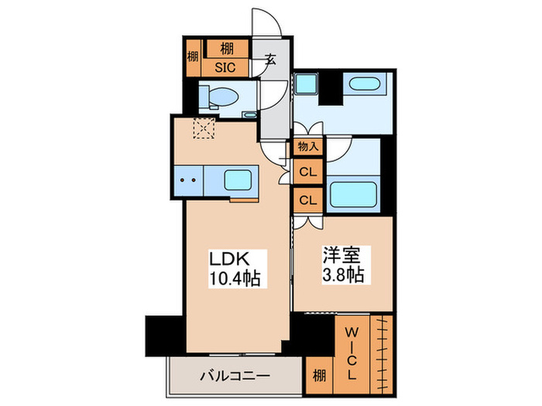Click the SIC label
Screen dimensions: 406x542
point(225,67)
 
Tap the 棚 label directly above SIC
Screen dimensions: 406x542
point(225,49)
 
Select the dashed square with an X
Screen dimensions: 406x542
point(204,128)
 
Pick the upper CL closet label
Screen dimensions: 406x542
point(307,172)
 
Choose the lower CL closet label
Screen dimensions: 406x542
point(307,200)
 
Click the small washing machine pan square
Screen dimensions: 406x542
point(305,84)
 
